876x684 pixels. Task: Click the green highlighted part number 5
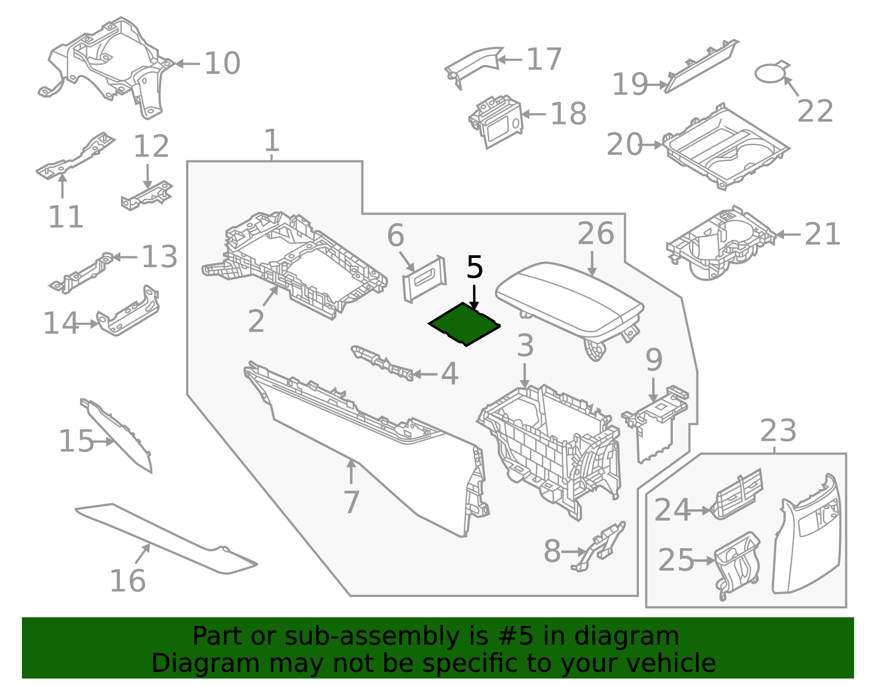click(x=464, y=325)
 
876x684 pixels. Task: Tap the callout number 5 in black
click(x=475, y=268)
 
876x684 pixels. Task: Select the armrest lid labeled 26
click(x=569, y=298)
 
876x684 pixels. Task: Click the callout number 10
click(x=222, y=64)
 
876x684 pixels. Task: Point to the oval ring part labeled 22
click(x=771, y=73)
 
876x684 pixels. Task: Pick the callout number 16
click(x=128, y=581)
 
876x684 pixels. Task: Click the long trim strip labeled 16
click(x=164, y=539)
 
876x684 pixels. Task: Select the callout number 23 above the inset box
click(x=778, y=431)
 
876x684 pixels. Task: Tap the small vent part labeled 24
click(x=736, y=494)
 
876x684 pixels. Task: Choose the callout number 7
click(x=351, y=502)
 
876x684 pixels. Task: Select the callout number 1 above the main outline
click(x=272, y=141)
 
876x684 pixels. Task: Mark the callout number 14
click(x=61, y=323)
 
